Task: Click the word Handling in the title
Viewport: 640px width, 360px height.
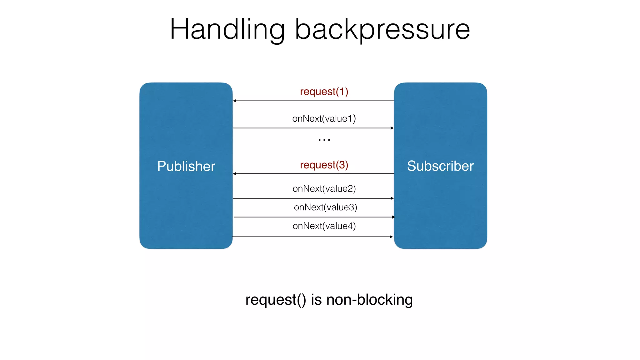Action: [x=227, y=29]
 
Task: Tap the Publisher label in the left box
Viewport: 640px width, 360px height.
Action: [x=186, y=166]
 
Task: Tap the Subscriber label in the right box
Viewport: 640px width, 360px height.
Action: [x=440, y=166]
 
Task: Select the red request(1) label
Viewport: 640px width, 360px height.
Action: [x=324, y=92]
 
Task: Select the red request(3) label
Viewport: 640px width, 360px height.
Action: [x=324, y=165]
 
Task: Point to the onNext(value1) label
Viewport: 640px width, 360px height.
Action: [x=324, y=118]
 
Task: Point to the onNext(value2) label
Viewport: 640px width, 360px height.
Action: [x=324, y=188]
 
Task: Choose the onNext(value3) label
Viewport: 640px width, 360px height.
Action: [x=325, y=207]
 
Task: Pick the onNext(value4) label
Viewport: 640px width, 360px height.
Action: [x=324, y=226]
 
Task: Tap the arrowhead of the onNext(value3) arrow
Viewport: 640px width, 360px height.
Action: [x=393, y=217]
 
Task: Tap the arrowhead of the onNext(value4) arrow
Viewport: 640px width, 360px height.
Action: [x=391, y=237]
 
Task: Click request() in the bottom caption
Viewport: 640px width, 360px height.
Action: [x=276, y=300]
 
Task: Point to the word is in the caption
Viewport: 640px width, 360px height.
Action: [x=316, y=300]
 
